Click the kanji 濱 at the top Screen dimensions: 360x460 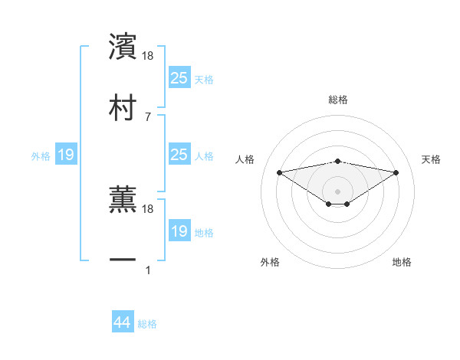(x=123, y=47)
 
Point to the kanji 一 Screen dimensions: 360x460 (x=123, y=260)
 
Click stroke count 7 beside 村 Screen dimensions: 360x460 (x=148, y=116)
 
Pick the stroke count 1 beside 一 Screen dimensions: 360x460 (x=148, y=270)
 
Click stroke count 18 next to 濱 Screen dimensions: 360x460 (x=148, y=56)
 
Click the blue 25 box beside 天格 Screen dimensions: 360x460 (x=179, y=78)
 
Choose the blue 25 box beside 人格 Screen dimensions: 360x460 (x=179, y=155)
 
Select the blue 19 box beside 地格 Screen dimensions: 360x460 (x=179, y=231)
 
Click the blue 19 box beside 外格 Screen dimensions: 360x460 (x=66, y=155)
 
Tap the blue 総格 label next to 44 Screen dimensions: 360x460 (x=148, y=324)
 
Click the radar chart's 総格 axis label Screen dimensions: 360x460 (x=338, y=100)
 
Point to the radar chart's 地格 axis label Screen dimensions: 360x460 (x=402, y=262)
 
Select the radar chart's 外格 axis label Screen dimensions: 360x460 (x=271, y=262)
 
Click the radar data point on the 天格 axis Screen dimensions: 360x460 (x=396, y=172)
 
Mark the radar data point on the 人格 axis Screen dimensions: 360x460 (x=279, y=172)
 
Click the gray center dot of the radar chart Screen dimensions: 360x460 (x=338, y=191)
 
